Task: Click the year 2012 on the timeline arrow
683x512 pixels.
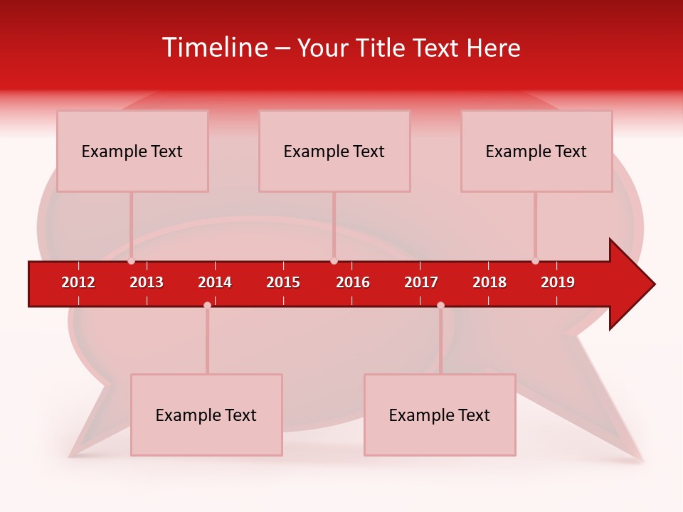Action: point(78,282)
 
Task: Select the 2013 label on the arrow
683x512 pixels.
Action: point(147,282)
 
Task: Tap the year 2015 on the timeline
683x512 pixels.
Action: point(283,282)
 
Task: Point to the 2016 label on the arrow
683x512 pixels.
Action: point(353,282)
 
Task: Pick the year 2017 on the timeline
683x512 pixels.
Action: point(421,282)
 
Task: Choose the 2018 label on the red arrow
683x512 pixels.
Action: point(489,282)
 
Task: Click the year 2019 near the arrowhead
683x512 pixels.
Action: point(558,282)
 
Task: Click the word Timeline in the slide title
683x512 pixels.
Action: point(214,48)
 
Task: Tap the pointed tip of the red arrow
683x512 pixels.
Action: point(653,284)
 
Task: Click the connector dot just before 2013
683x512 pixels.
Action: point(131,261)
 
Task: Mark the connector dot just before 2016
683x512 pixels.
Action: point(334,261)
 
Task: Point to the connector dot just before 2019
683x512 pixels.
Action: point(535,261)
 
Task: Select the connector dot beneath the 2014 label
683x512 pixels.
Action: point(207,305)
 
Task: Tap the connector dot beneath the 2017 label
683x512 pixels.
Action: point(440,305)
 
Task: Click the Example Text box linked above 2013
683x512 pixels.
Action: point(132,151)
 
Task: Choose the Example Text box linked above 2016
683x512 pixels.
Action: point(334,151)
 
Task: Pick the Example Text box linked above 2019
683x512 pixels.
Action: point(536,151)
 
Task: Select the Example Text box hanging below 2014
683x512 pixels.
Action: point(206,415)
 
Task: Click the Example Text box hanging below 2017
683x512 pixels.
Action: point(440,415)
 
